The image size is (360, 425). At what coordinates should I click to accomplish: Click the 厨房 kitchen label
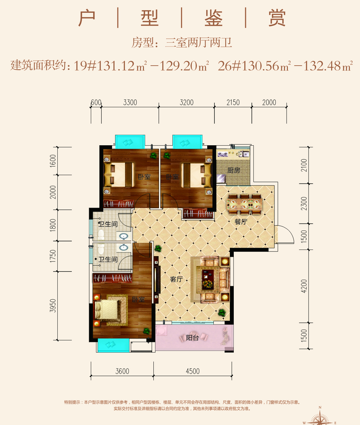234,170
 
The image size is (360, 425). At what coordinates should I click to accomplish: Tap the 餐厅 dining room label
241,222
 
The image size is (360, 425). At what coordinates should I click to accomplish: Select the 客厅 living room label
176,279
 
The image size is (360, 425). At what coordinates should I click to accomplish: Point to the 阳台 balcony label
192,338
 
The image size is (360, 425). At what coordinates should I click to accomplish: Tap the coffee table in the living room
208,279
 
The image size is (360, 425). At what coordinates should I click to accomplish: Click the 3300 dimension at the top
130,103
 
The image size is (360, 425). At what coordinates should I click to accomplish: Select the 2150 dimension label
233,103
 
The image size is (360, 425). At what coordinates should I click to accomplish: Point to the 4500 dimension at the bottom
193,371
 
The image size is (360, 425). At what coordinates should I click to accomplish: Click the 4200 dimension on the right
304,286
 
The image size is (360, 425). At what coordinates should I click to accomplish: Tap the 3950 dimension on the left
53,306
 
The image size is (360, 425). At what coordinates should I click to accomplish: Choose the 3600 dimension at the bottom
122,371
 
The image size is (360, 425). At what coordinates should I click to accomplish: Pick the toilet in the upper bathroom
101,235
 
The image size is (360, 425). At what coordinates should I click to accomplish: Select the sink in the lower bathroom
124,248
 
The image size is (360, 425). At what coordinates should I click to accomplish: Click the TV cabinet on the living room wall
156,279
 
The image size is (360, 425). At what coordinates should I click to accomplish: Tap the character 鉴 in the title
213,18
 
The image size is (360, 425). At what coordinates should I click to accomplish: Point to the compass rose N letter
320,407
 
